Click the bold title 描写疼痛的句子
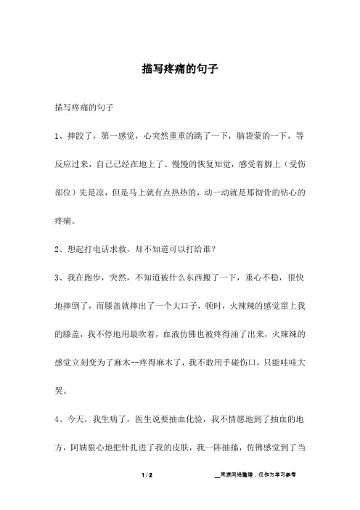(180, 71)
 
